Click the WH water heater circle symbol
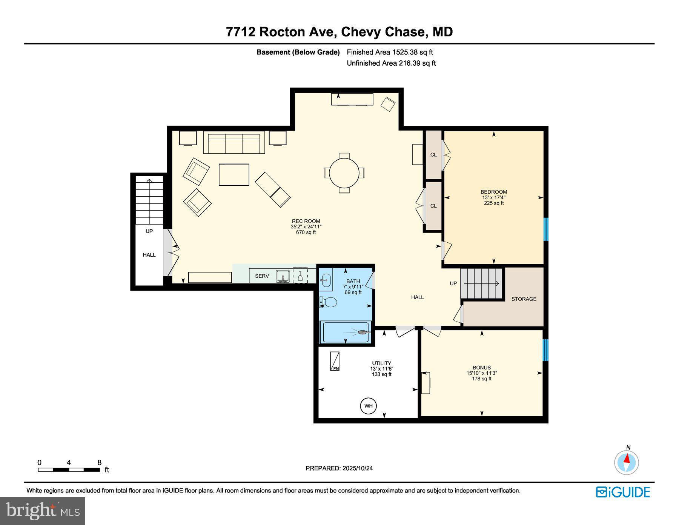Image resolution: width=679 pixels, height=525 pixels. click(x=368, y=406)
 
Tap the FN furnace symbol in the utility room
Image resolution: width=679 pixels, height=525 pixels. click(x=335, y=361)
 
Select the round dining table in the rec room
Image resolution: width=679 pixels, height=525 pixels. click(x=344, y=173)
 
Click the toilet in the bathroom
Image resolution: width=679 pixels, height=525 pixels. click(x=329, y=302)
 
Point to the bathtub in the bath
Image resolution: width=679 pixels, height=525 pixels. click(x=345, y=332)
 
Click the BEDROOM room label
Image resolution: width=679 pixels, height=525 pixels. click(x=493, y=192)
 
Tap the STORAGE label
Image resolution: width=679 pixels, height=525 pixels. click(x=524, y=299)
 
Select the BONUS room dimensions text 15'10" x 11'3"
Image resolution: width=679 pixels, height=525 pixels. click(x=482, y=373)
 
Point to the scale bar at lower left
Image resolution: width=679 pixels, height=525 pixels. click(x=69, y=470)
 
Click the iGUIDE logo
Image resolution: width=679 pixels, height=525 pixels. click(x=623, y=492)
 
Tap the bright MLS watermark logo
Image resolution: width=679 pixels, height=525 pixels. click(x=43, y=511)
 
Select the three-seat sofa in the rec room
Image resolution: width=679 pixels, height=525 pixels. click(x=234, y=142)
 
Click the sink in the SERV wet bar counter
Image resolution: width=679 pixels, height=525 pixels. click(x=283, y=276)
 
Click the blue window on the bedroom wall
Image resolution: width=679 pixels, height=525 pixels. click(x=545, y=229)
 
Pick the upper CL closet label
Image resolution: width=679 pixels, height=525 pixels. click(x=433, y=155)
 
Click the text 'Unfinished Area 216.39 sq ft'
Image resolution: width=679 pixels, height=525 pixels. click(x=391, y=63)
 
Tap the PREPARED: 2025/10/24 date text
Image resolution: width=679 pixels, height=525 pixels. click(x=339, y=468)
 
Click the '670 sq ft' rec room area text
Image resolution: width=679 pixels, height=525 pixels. click(x=306, y=232)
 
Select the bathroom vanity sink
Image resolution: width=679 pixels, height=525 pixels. click(x=326, y=280)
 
